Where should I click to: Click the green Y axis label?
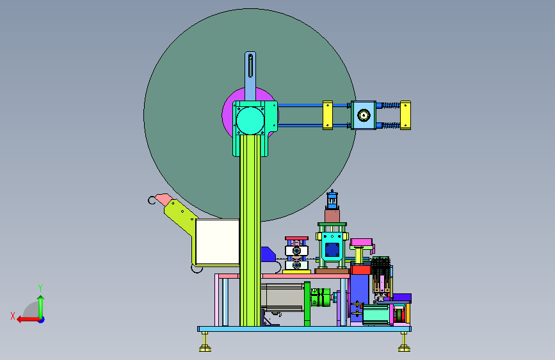pyautogui.click(x=40, y=288)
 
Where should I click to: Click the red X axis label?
pyautogui.click(x=13, y=316)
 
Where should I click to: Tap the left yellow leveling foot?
pyautogui.click(x=205, y=342)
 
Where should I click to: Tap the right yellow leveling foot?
pyautogui.click(x=404, y=342)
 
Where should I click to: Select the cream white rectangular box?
pyautogui.click(x=218, y=241)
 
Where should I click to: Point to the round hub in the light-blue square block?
pyautogui.click(x=364, y=115)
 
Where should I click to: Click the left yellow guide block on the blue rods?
pyautogui.click(x=327, y=115)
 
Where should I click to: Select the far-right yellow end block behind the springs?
pyautogui.click(x=406, y=115)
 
